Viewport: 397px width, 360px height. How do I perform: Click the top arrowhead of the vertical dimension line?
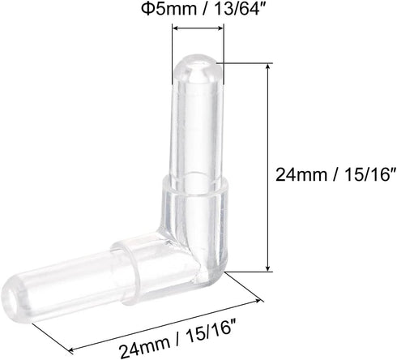(x=268, y=67)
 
